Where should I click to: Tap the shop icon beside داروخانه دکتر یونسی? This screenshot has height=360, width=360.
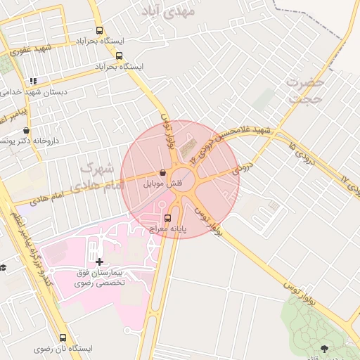point(26,131)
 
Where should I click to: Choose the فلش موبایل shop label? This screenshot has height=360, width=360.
point(163,184)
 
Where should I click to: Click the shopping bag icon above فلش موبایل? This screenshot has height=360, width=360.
point(163,172)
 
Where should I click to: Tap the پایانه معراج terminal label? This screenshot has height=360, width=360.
point(167,229)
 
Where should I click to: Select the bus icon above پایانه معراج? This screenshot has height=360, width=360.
point(167,218)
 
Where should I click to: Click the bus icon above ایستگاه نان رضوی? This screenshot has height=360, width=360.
point(63,337)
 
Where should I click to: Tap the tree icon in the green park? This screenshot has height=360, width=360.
point(324,347)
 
